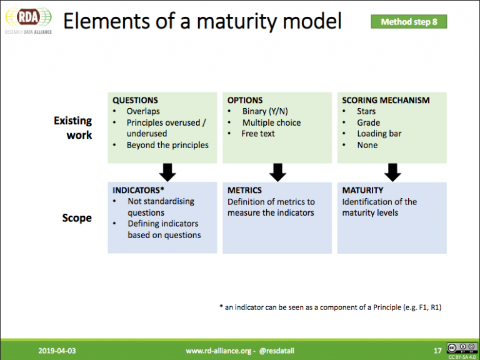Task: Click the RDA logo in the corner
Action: (29, 20)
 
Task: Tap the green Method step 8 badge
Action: (409, 22)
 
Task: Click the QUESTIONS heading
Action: (135, 101)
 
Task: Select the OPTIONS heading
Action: (245, 101)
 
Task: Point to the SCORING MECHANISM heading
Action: (386, 101)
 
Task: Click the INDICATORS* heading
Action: (138, 191)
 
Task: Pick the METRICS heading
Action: (244, 191)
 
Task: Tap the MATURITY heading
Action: (362, 191)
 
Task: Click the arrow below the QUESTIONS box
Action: (167, 172)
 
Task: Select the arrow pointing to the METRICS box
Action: (277, 172)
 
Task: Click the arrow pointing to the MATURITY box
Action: (392, 172)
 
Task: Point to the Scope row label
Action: (77, 218)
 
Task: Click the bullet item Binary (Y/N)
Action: (265, 111)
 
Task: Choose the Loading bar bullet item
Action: (379, 134)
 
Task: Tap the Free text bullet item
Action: (257, 134)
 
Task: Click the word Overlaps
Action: (143, 111)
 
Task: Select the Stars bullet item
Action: (366, 111)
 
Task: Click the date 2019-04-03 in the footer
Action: (57, 351)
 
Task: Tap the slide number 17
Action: (437, 351)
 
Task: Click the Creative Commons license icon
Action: (462, 348)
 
